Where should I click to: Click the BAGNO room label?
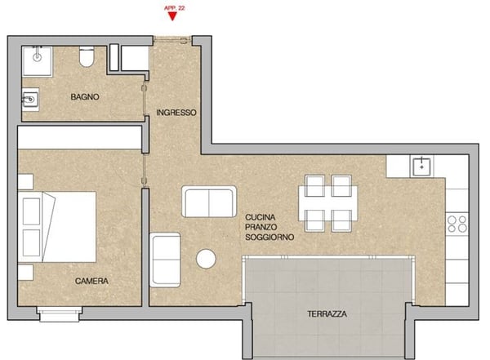(85, 97)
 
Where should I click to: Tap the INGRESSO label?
(176, 113)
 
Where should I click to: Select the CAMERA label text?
(91, 281)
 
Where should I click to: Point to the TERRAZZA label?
(327, 313)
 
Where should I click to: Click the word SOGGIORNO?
(269, 238)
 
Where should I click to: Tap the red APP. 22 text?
(175, 8)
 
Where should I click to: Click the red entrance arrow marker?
(172, 16)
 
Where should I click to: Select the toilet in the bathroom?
(87, 56)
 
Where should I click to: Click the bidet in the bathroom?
(30, 100)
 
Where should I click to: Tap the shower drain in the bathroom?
(38, 57)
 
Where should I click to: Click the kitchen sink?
(422, 167)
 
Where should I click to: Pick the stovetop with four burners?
(457, 224)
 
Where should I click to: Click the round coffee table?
(206, 259)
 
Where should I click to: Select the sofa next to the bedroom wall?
(165, 260)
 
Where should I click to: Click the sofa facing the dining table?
(209, 202)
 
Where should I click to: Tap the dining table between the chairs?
(328, 203)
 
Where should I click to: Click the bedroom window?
(60, 313)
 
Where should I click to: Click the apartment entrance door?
(172, 40)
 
